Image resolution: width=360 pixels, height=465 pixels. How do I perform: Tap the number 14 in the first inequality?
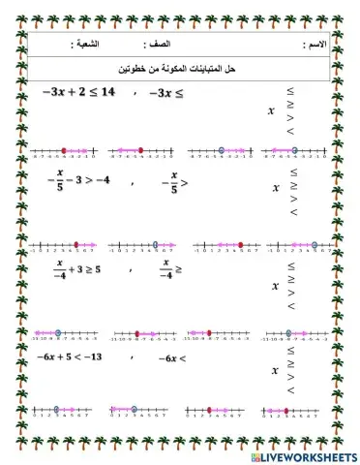coord(107,92)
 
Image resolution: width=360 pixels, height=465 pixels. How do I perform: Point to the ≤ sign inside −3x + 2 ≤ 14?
coord(90,92)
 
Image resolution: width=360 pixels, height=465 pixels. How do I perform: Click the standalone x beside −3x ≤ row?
coord(272,110)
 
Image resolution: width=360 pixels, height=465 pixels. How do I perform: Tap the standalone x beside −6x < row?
coord(276,371)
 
